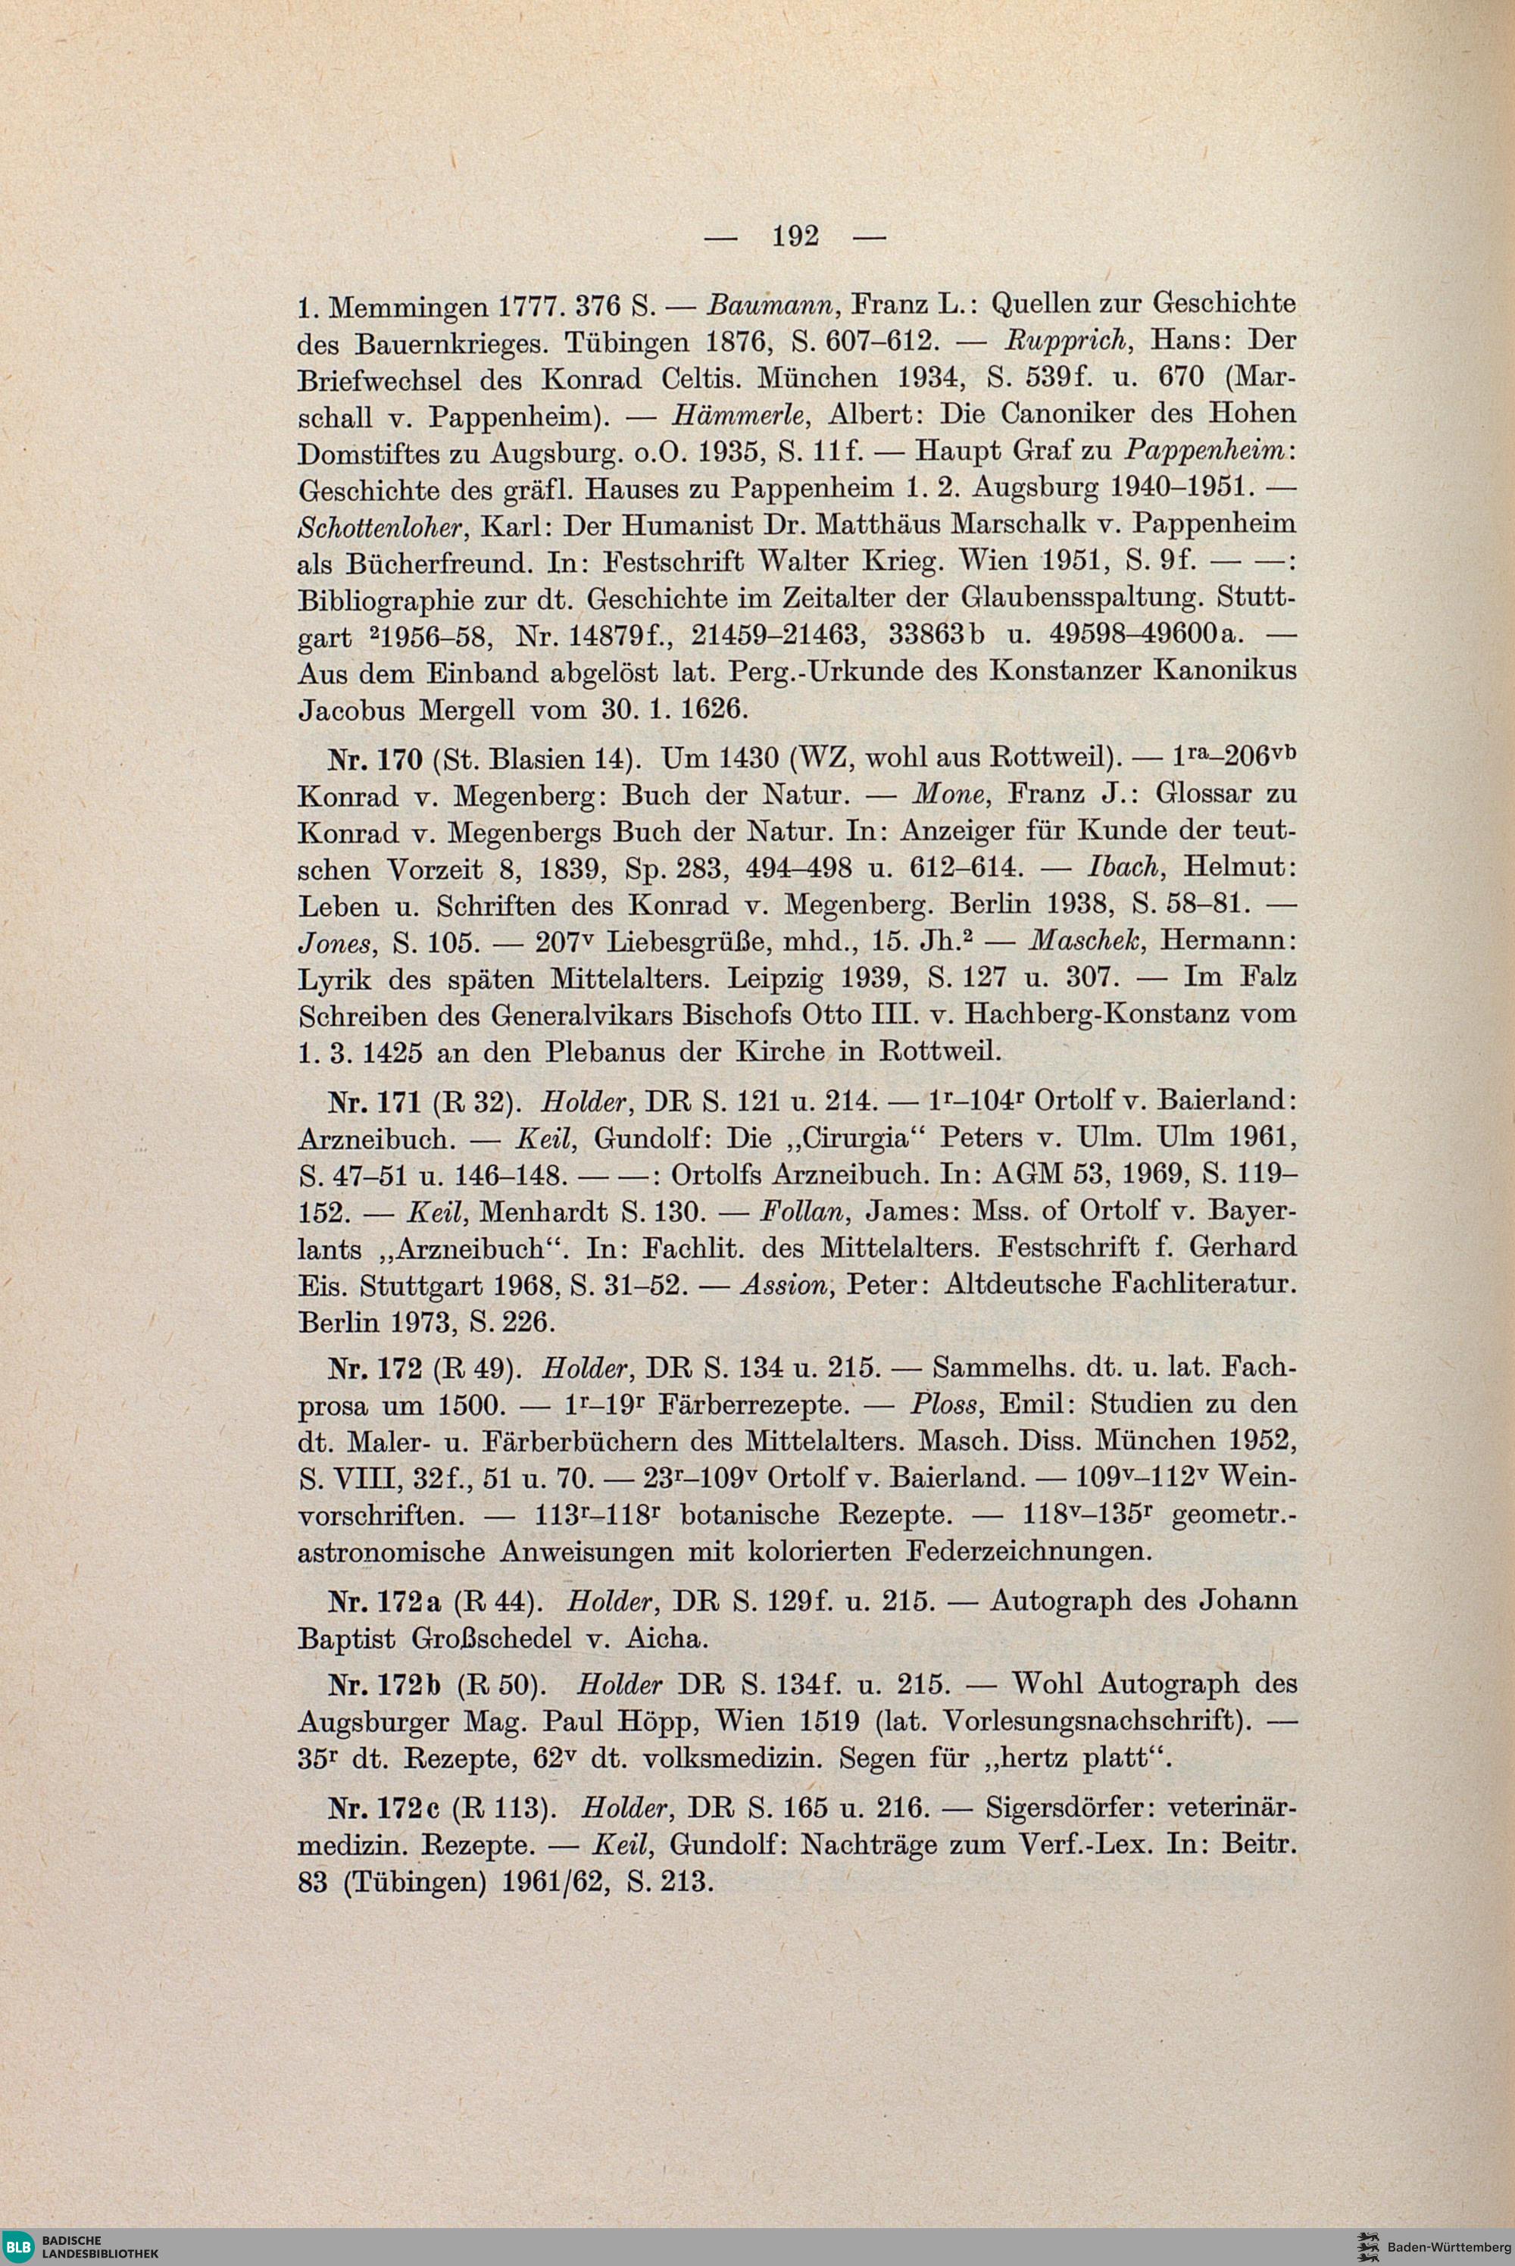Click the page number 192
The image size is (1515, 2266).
[796, 235]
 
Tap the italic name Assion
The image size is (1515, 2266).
[778, 1285]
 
